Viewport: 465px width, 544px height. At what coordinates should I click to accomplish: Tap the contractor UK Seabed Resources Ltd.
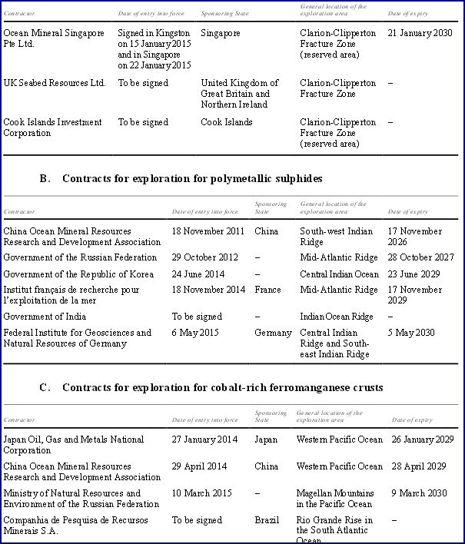pyautogui.click(x=55, y=83)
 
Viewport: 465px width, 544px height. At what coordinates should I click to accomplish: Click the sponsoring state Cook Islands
pyautogui.click(x=227, y=122)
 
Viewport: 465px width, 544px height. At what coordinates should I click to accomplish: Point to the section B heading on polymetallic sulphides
pyautogui.click(x=181, y=178)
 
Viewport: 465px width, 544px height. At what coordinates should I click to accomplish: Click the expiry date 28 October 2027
pyautogui.click(x=421, y=257)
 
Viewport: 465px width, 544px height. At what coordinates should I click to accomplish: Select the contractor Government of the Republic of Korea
pyautogui.click(x=78, y=274)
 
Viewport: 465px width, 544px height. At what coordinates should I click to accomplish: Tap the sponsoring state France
pyautogui.click(x=267, y=290)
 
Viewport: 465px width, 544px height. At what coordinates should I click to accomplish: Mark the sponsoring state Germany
pyautogui.click(x=273, y=333)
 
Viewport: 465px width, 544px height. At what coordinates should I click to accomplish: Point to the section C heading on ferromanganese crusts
pyautogui.click(x=211, y=387)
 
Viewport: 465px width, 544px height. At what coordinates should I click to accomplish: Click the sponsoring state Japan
pyautogui.click(x=267, y=440)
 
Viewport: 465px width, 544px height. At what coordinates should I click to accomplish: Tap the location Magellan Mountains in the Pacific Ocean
pyautogui.click(x=335, y=498)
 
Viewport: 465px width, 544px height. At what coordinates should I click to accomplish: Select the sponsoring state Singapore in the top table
pyautogui.click(x=221, y=34)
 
